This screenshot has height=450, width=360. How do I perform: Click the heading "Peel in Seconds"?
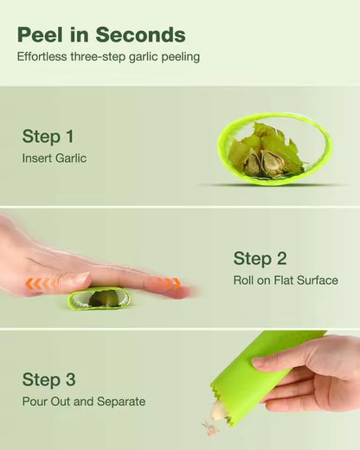(101, 35)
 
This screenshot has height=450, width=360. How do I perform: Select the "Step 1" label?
(48, 137)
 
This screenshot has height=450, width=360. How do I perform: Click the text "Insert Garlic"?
(55, 158)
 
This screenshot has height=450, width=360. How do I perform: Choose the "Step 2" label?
(259, 259)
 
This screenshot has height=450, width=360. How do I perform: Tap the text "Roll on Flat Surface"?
(286, 280)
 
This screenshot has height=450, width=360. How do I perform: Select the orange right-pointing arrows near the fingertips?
(168, 284)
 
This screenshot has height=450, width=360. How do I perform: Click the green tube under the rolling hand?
(99, 299)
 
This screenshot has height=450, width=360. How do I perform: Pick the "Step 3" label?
(48, 380)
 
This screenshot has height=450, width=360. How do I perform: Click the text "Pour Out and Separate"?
(84, 402)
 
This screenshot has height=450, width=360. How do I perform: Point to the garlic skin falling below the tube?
(210, 427)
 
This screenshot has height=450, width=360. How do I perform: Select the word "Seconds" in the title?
(140, 35)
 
